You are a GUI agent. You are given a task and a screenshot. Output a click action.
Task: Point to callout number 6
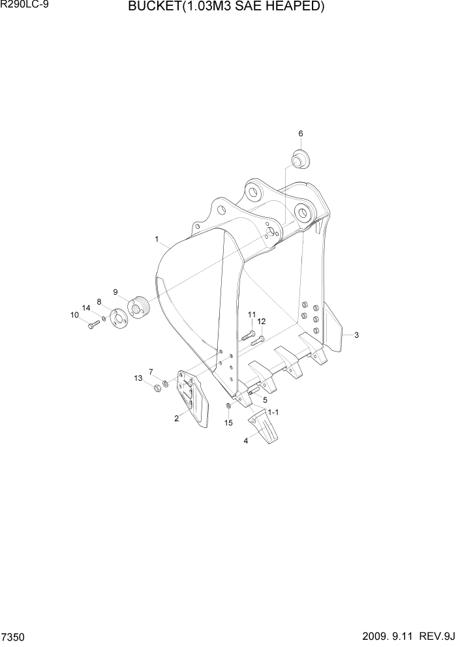(301, 134)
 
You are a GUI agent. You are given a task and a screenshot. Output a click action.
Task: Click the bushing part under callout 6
(301, 158)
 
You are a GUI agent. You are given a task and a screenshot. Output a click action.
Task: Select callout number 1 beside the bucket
(157, 239)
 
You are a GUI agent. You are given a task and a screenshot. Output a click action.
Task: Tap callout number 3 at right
(356, 335)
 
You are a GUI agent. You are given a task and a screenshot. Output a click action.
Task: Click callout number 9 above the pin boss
(115, 292)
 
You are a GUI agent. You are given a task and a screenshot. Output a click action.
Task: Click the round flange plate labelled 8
(119, 320)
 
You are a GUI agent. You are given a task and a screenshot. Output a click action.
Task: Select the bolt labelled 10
(91, 324)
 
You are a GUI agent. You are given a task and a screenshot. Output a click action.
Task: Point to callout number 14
(85, 307)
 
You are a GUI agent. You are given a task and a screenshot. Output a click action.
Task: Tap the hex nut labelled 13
(157, 389)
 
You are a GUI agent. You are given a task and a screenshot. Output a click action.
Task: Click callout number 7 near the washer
(151, 372)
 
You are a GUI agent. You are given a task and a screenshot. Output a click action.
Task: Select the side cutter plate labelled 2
(192, 399)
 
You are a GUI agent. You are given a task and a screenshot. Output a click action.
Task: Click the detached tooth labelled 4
(260, 430)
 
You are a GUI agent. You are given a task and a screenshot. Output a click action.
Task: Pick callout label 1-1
(273, 412)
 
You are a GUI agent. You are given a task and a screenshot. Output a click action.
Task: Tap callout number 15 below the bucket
(228, 423)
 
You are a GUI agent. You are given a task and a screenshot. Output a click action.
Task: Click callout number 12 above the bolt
(261, 322)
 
